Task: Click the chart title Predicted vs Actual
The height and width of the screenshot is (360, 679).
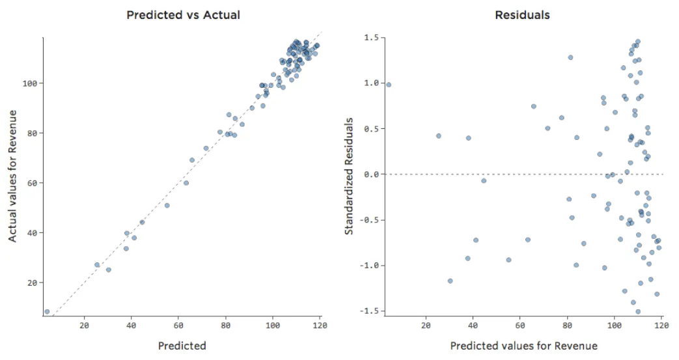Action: click(183, 14)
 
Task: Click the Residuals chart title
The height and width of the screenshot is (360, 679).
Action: click(522, 14)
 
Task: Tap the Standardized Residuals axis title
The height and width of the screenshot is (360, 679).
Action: click(350, 176)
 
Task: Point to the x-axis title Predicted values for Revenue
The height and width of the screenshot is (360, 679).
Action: click(523, 345)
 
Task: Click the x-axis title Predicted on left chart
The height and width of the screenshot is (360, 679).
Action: click(182, 346)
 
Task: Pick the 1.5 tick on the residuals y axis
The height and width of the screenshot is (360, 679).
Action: click(370, 38)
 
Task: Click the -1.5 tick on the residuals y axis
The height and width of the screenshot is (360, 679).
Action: click(369, 312)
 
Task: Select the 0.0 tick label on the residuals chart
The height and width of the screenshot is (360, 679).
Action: click(370, 174)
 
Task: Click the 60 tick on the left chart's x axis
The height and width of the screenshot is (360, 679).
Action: click(178, 325)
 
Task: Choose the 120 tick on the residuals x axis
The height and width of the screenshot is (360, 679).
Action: click(661, 325)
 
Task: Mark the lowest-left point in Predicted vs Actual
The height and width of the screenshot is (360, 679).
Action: click(47, 312)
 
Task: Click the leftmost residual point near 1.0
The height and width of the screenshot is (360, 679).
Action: click(389, 85)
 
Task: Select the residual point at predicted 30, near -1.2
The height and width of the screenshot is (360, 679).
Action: click(450, 281)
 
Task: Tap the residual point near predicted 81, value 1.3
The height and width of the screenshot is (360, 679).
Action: click(570, 57)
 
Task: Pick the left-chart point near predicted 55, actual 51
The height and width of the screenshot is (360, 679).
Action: click(167, 206)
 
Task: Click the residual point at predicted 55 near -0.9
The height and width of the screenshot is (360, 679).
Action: click(508, 260)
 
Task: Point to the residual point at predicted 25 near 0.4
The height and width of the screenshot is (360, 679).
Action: click(438, 136)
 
